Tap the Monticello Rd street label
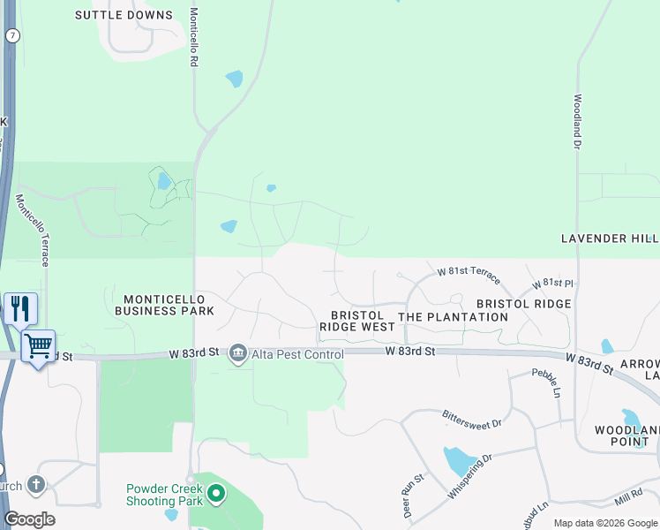pos(193,38)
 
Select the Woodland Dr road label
pos(577,120)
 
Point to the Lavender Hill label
pos(610,238)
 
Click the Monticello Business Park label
pos(164,306)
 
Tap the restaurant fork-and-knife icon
pos(20,309)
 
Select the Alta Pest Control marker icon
pos(237,354)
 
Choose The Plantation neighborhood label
pos(453,316)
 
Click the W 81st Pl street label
pos(552,284)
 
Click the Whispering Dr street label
pos(469,476)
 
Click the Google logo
pos(29,519)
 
